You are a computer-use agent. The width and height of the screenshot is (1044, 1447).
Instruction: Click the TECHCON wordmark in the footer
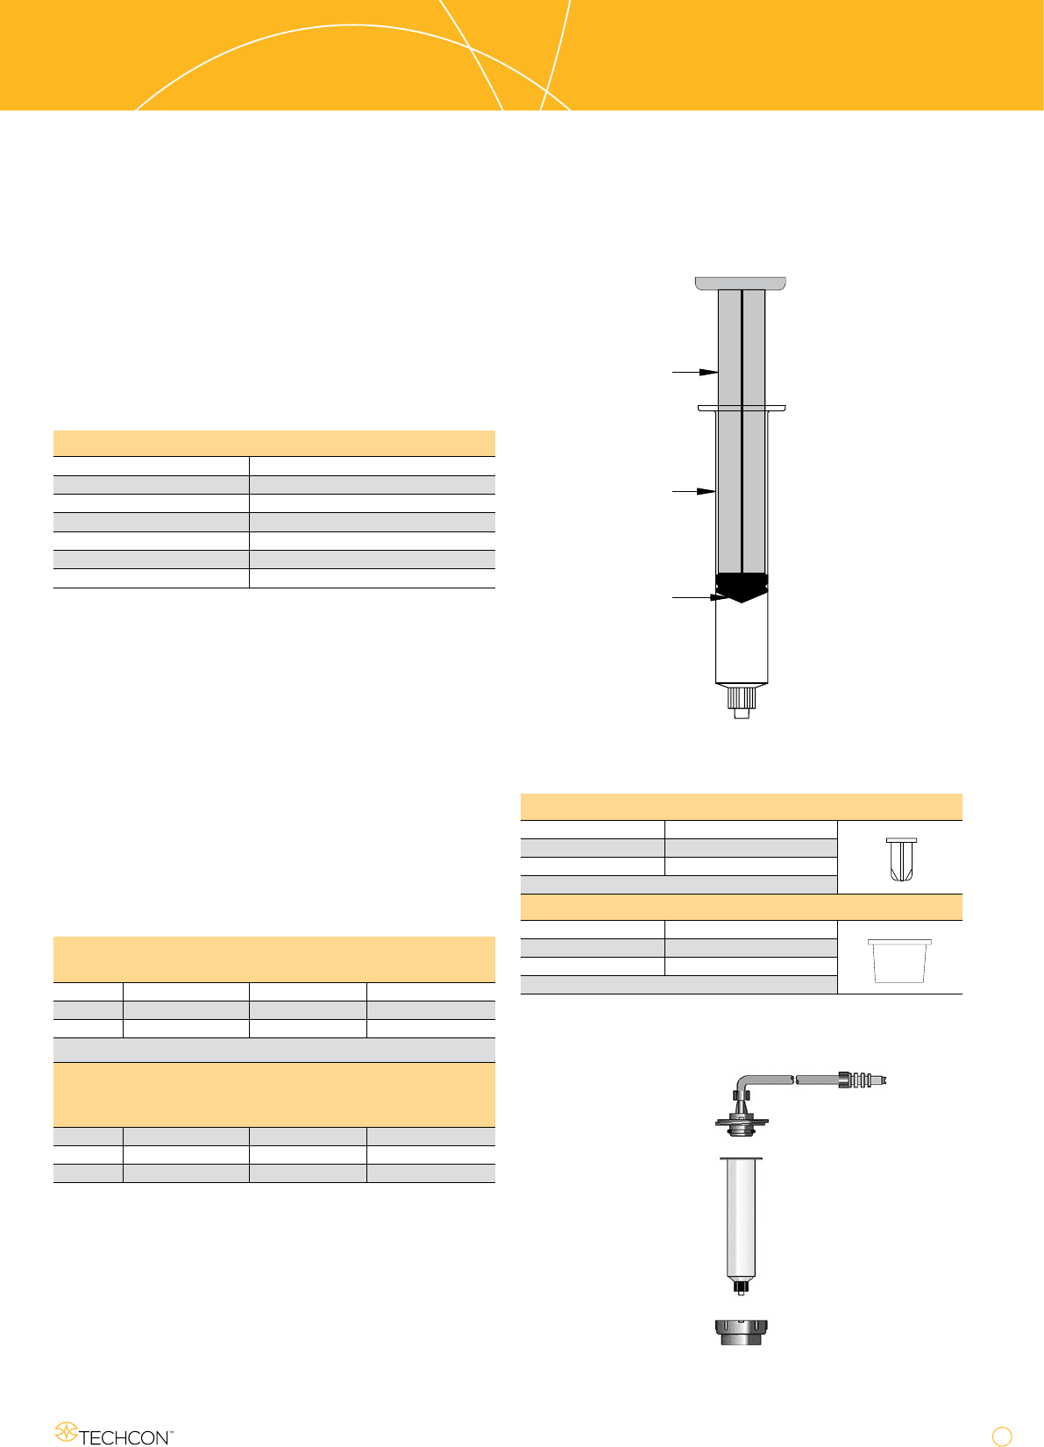coord(124,1437)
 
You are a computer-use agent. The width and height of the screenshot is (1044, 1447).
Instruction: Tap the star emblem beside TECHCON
coord(66,1431)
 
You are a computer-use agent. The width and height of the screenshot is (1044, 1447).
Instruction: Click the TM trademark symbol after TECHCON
coord(171,1431)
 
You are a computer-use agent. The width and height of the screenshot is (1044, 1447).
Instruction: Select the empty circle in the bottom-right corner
coord(1001,1436)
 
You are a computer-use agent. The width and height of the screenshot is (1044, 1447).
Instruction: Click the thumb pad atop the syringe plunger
coord(741,283)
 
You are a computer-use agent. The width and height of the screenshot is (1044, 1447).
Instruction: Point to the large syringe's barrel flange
coord(742,409)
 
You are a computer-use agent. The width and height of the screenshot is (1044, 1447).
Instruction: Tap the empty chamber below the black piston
coord(742,642)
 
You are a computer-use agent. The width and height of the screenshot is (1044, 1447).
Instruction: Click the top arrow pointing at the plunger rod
coord(695,372)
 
